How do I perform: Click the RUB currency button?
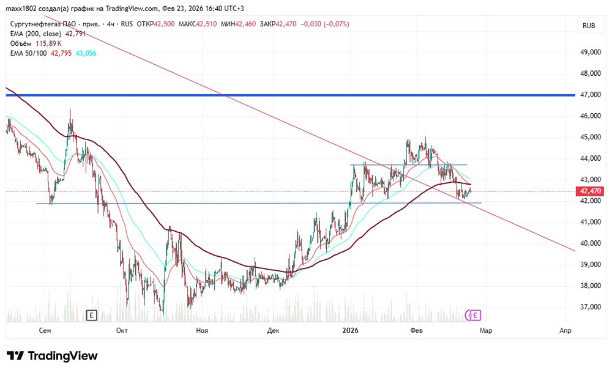[589, 26]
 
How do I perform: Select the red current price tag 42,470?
[591, 191]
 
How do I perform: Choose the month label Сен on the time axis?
[44, 331]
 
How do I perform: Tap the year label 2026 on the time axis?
[350, 331]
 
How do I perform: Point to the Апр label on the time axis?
[565, 331]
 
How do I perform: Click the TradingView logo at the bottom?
[52, 356]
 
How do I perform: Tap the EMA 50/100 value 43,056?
[85, 54]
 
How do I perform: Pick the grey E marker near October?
[92, 316]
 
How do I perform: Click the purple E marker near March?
[476, 316]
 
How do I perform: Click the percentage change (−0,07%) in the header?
[332, 24]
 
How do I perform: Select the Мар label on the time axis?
[485, 331]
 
